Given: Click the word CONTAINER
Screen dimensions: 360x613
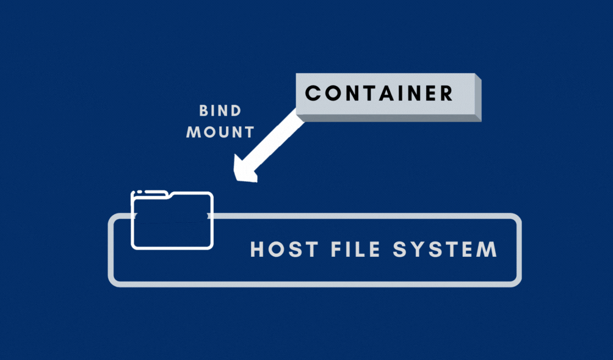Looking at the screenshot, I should tap(379, 93).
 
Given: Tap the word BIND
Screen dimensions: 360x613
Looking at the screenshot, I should tap(220, 111).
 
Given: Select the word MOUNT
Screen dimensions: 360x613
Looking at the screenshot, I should tap(220, 131).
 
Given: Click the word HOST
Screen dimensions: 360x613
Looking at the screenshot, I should tap(284, 250).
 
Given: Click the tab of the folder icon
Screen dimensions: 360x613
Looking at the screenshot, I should tap(150, 193).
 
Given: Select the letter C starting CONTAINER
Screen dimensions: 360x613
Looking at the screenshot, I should tap(313, 93).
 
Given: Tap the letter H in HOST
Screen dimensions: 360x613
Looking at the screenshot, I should tap(258, 250).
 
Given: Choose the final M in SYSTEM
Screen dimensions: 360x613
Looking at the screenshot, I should tap(486, 250).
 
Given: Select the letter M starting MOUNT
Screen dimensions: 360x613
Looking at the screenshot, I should tap(194, 131).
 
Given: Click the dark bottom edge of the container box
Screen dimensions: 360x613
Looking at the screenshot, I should tap(391, 117).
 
